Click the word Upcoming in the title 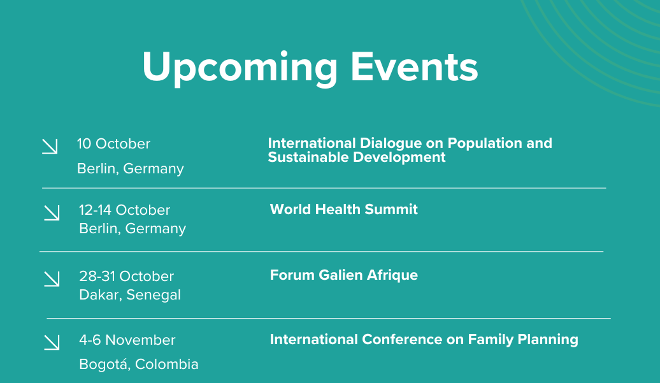[240, 69]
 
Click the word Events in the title [414, 67]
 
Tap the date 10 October [113, 144]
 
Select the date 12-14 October [125, 210]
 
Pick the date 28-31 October [126, 276]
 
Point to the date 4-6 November [127, 340]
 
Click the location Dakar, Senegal [130, 294]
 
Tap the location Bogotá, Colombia [139, 364]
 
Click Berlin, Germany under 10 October [131, 169]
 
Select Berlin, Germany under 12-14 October [133, 229]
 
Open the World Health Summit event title [344, 209]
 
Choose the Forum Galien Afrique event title [344, 275]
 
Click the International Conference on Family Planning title [424, 340]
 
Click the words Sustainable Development [357, 157]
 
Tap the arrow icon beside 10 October [50, 147]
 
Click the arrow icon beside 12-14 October [52, 213]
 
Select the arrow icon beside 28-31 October [52, 278]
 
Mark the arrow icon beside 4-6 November [52, 342]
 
